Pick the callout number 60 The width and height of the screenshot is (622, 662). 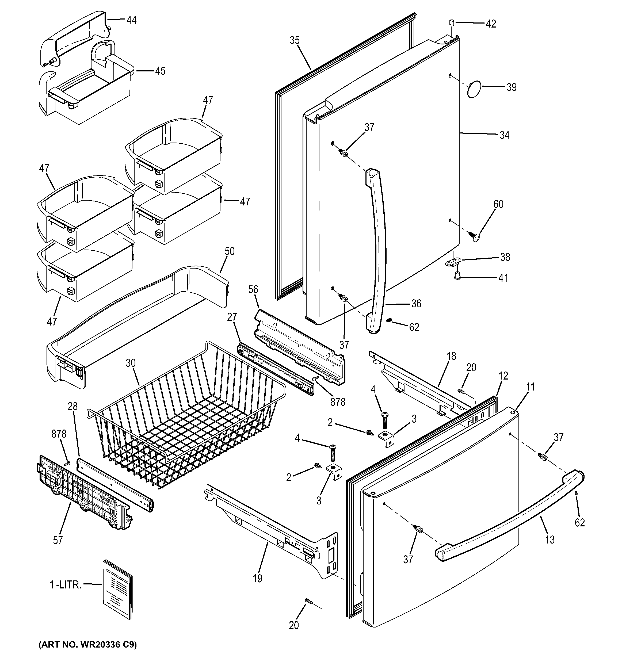click(498, 204)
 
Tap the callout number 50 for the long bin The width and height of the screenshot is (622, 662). click(230, 251)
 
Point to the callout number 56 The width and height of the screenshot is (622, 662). click(253, 289)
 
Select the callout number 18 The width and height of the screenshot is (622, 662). click(451, 356)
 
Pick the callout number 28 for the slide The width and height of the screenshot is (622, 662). click(72, 406)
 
